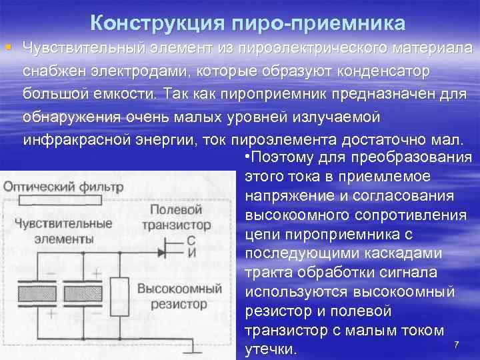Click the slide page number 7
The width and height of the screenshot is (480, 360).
(x=456, y=344)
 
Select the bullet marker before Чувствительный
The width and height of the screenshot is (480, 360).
(x=7, y=48)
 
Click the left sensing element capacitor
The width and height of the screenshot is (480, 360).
(x=37, y=293)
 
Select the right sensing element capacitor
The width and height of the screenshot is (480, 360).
(x=83, y=293)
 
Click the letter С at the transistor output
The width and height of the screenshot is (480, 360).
(x=191, y=241)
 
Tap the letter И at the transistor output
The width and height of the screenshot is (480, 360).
(x=191, y=253)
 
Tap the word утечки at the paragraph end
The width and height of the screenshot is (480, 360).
(x=271, y=349)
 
